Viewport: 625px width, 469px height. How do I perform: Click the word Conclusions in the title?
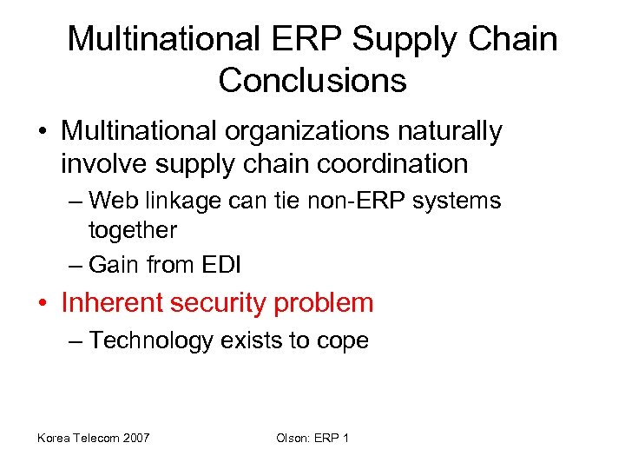[x=312, y=80]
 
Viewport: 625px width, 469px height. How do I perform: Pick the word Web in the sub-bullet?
[x=110, y=201]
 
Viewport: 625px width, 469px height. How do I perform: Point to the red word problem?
[x=324, y=303]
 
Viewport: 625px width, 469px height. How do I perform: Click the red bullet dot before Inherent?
[x=43, y=304]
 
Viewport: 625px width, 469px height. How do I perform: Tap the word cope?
[x=343, y=340]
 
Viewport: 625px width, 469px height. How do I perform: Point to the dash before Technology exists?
[x=73, y=340]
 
